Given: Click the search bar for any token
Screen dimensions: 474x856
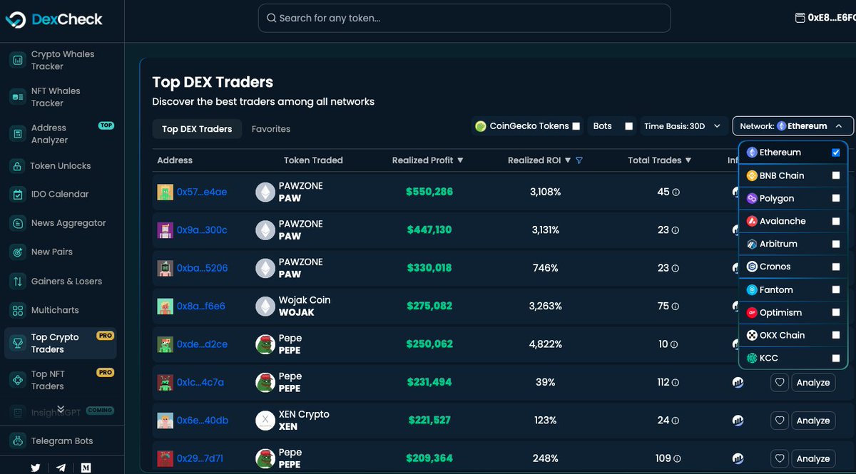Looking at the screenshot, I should coord(464,18).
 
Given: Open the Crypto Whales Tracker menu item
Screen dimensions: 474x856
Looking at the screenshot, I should coord(62,60).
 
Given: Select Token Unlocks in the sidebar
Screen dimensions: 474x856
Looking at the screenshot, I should coord(60,165).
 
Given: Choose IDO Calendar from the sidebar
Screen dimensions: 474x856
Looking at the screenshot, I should coord(60,194).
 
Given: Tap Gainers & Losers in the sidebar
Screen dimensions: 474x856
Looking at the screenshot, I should coord(66,281).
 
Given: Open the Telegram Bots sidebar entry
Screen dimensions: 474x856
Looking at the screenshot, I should coord(61,440).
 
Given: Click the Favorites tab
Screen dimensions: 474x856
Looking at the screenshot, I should coord(271,129).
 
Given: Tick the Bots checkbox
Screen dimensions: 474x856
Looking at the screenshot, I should coord(628,126).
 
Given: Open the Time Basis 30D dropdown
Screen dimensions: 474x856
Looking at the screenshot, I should coord(684,126).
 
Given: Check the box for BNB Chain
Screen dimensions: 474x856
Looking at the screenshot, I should coord(835,175).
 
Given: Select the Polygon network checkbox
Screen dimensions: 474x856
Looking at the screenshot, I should coord(835,198).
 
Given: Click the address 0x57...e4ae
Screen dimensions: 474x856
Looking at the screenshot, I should coord(202,192).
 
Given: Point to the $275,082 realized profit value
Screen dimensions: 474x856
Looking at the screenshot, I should coord(429,306).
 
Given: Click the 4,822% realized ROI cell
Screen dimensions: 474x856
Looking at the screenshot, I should coord(546,344).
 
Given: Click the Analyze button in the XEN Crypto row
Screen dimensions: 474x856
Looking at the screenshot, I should coord(812,421).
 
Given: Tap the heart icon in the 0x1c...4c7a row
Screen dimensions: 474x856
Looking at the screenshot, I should coord(780,383).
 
